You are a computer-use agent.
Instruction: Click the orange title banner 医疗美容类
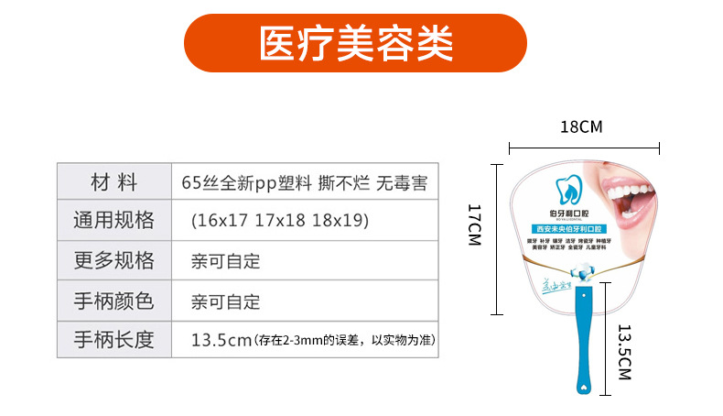(x=356, y=43)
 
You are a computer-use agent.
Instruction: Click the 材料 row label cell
(x=113, y=181)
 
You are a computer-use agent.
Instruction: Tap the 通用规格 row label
(x=113, y=221)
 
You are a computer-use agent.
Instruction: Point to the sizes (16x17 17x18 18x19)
(x=279, y=221)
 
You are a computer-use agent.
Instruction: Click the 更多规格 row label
(x=113, y=260)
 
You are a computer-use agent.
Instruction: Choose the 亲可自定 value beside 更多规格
(x=226, y=261)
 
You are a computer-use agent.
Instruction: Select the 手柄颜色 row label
(x=113, y=301)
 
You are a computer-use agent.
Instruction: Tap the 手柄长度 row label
(x=113, y=341)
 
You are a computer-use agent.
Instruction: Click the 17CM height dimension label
(x=473, y=224)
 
